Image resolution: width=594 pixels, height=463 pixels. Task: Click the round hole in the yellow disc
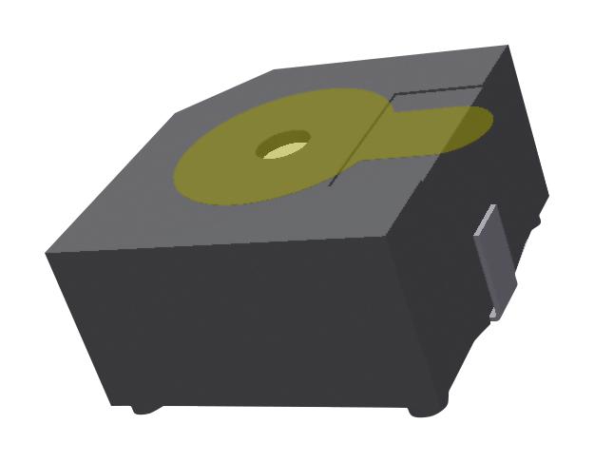tap(284, 145)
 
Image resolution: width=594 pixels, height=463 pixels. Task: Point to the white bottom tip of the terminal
tap(494, 313)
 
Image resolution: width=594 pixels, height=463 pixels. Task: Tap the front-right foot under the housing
tap(424, 410)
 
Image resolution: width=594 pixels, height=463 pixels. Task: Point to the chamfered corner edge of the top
tap(224, 90)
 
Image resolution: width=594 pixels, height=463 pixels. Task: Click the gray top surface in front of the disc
tap(238, 223)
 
